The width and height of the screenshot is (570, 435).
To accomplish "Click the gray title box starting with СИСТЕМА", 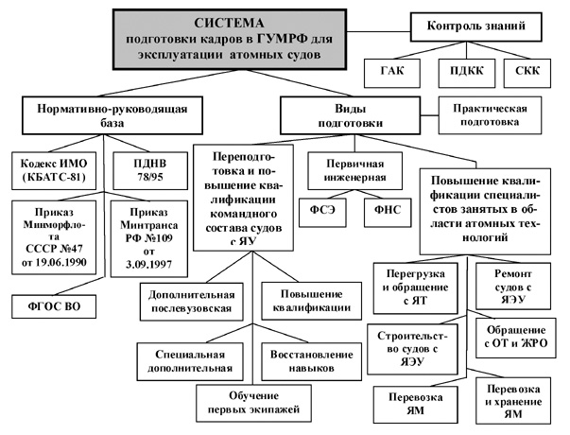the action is pos(230,40).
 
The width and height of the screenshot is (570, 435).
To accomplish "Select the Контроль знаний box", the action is pos(475,26).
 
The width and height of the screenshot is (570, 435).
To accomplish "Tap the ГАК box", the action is pos(392,73).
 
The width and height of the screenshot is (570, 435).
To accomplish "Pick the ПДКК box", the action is pos(467,73).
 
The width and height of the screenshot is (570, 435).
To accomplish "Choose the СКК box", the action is pos(527,73).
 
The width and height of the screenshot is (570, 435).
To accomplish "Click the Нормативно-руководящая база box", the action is pos(112,115).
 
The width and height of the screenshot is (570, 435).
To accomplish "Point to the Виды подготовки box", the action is pos(350,115).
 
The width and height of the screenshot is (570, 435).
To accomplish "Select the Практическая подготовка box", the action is pos(490,115).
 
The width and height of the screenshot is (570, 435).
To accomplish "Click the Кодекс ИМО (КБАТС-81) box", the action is pos(54,170).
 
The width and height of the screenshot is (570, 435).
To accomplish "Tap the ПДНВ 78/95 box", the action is pos(150,170).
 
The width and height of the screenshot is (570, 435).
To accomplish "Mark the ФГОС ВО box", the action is pos(54,306).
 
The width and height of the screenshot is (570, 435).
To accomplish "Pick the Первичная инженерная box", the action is pos(354,170).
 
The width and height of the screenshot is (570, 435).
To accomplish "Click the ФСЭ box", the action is pos(322,213).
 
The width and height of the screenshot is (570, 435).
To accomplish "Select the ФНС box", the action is pos(388,213).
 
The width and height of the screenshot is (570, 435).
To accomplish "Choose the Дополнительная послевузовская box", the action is pos(191,302).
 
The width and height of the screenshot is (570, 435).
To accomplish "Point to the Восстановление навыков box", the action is pos(311,361).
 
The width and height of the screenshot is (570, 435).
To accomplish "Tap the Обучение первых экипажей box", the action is pos(253,403).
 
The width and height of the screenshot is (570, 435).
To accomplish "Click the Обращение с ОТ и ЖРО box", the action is pos(516,338).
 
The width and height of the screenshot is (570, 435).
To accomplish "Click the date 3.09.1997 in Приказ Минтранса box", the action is pos(148,265).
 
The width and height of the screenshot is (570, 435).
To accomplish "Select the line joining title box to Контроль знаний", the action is pos(378,32).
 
